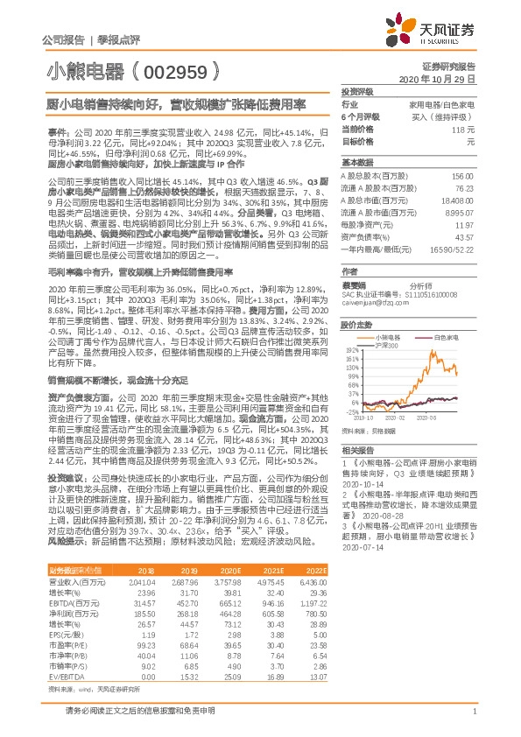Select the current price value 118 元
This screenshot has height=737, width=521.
463,129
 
